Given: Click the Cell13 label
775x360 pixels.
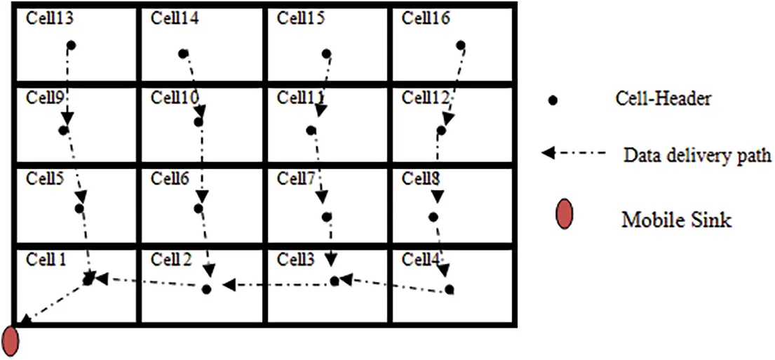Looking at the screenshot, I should tap(50, 18).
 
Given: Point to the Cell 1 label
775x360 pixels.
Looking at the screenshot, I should tap(46, 260).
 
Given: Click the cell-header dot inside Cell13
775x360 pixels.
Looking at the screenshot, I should tap(71, 46).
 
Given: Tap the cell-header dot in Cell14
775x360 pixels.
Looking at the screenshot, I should tap(183, 53).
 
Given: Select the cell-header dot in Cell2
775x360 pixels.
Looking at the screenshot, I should tap(206, 289).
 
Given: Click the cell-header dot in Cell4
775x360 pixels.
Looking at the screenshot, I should tap(449, 289).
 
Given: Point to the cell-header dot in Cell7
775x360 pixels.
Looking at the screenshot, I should tap(326, 217).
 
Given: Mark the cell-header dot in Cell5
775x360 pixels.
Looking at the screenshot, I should tap(79, 208).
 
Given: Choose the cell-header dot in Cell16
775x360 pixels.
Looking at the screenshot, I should tap(461, 46).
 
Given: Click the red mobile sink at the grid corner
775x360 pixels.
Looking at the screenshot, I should tap(11, 340).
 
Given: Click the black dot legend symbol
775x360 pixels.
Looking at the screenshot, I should tap(553, 101).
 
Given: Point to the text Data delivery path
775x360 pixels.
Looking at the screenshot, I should tap(697, 155).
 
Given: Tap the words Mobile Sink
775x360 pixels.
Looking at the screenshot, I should tap(676, 220).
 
